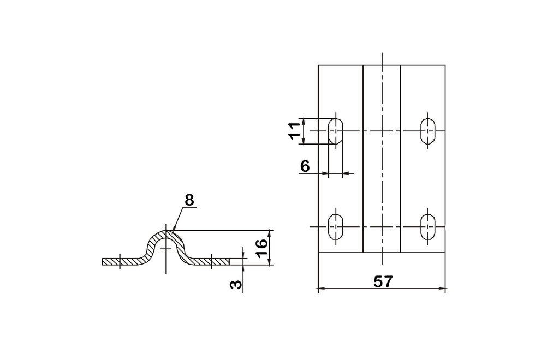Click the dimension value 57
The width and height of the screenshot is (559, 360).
383,281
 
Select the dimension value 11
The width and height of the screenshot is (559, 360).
295,131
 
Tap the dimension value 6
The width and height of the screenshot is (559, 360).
305,166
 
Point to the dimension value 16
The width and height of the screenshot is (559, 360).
261,249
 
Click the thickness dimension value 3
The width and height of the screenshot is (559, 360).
236,284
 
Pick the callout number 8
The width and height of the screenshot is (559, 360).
189,201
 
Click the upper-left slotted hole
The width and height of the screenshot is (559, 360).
335,131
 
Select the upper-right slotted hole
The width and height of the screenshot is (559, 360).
428,131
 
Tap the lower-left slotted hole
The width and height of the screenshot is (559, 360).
335,227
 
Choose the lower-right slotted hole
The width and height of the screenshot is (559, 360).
428,227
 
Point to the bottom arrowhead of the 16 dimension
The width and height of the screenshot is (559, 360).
270,262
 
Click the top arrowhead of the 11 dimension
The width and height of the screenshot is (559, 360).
304,121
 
